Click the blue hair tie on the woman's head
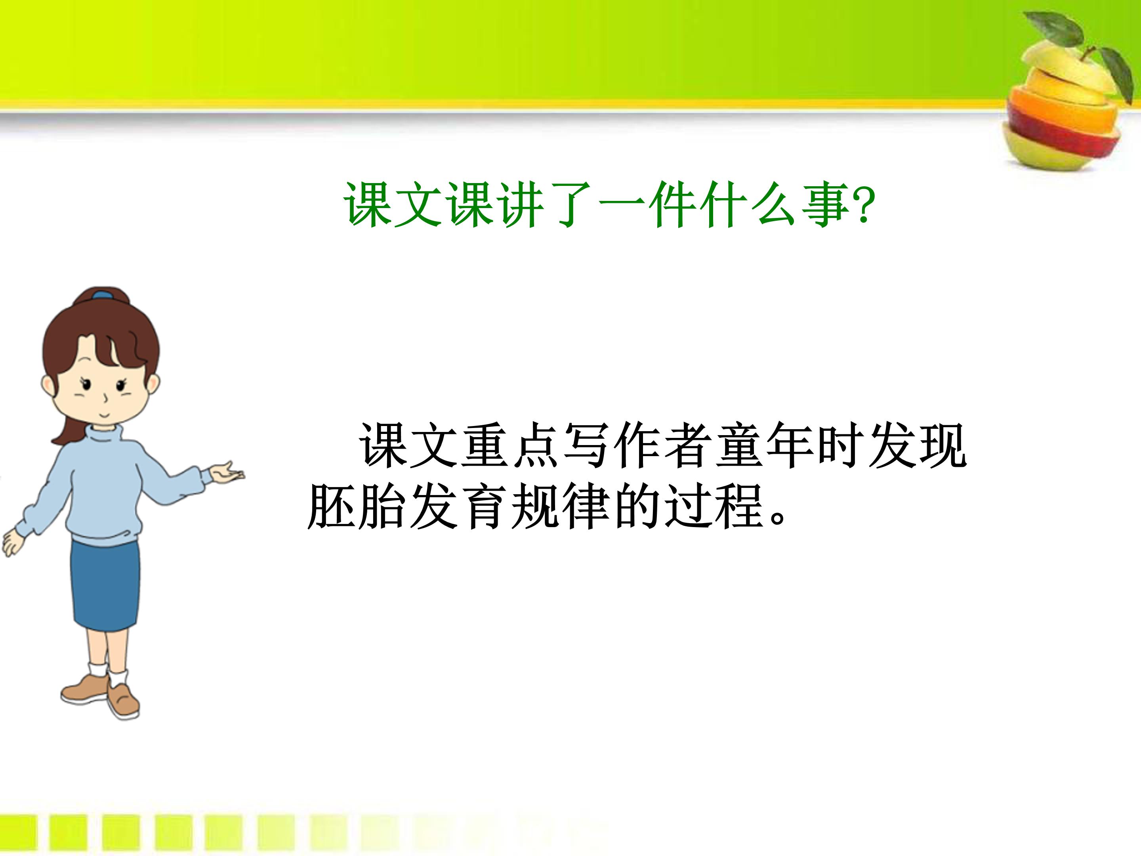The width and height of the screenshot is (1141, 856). pyautogui.click(x=102, y=296)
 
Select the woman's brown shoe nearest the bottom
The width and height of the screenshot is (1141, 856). pyautogui.click(x=124, y=702)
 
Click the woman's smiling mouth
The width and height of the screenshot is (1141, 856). pyautogui.click(x=104, y=414)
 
